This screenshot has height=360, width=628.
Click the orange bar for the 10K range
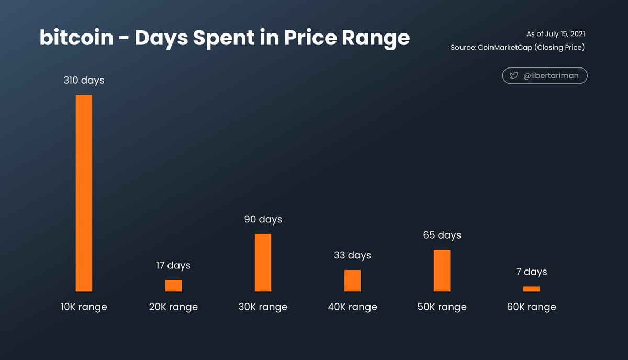84,193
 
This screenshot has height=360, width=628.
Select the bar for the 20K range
173,286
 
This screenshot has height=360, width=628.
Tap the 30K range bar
263,263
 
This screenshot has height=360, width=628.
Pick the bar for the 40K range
352,280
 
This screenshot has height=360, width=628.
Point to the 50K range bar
442,271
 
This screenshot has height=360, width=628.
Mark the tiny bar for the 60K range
531,289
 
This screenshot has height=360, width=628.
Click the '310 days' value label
84,81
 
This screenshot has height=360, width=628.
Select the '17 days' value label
173,266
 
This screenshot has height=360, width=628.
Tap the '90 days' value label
263,219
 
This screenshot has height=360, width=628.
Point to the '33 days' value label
352,255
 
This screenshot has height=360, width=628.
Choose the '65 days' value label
442,235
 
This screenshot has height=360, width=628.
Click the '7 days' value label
531,272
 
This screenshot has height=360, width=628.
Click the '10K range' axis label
84,307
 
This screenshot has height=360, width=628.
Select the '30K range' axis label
263,307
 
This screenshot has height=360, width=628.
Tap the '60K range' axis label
531,307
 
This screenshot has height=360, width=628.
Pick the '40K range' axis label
352,307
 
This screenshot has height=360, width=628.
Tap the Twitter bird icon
514,76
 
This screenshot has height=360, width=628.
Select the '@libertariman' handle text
550,76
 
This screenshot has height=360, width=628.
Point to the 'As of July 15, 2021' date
555,34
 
